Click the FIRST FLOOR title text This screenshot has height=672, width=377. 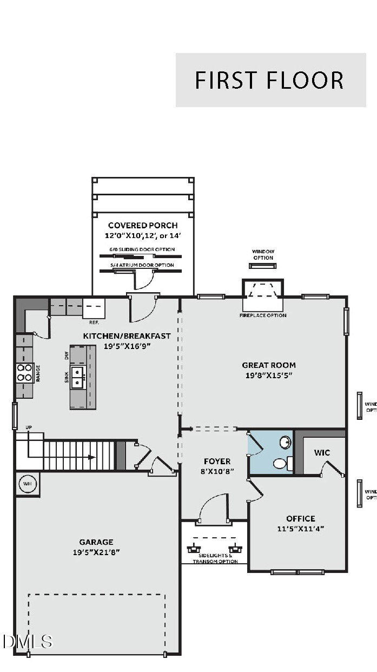click(x=269, y=80)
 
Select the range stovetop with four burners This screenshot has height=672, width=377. click(x=24, y=373)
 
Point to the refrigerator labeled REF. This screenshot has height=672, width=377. click(x=94, y=309)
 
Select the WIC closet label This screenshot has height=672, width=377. click(x=322, y=452)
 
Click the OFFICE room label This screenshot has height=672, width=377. click(x=301, y=518)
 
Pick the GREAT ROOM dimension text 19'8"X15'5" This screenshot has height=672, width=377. click(x=269, y=375)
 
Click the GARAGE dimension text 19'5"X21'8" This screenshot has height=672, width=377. click(x=96, y=552)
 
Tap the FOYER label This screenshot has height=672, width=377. click(x=217, y=461)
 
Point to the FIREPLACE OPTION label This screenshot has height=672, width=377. click(x=263, y=315)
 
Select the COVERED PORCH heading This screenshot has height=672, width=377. click(x=143, y=225)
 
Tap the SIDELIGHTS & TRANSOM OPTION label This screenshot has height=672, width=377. click(x=215, y=558)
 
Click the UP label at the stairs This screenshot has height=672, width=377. click(x=29, y=427)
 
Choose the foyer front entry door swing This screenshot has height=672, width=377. click(x=213, y=511)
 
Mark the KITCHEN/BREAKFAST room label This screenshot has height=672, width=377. click(x=127, y=335)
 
